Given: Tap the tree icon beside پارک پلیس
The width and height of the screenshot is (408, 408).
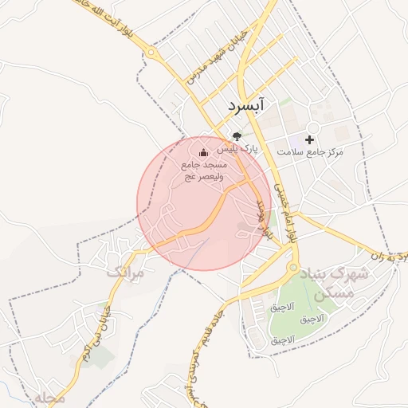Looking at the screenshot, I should [236, 136].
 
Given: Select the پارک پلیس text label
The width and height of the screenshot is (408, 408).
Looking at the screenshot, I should [240, 148].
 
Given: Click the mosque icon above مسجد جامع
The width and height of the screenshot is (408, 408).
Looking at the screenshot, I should [202, 152].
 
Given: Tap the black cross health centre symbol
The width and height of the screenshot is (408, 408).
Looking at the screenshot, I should [309, 139].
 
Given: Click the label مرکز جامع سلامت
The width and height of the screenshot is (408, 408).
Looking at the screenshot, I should [310, 151].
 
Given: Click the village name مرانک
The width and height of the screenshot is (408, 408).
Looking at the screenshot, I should [125, 273].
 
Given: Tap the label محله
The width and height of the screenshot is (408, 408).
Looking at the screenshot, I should [49, 396].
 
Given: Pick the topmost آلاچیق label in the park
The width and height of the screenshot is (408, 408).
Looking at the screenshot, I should [282, 307].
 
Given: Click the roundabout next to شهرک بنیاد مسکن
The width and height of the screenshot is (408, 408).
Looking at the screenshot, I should [293, 268].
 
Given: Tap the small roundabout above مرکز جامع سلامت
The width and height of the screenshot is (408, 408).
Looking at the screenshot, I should [313, 127].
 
